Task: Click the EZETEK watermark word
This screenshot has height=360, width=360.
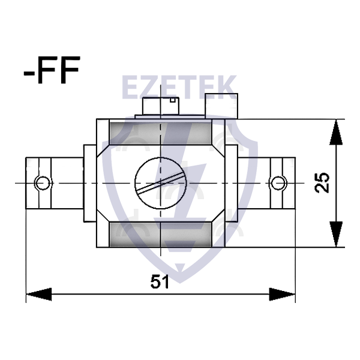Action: coord(179,88)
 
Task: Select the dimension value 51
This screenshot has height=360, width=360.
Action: coord(160,282)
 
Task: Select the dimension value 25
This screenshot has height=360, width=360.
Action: coord(322,182)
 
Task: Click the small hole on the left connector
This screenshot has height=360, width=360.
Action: coord(43,182)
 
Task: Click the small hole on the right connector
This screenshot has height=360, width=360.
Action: coord(278,182)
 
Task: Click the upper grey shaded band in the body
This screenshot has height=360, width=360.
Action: coord(160,131)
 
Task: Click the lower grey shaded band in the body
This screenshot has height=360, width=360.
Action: coord(160,233)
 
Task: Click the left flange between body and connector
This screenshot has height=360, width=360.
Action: coord(89,182)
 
